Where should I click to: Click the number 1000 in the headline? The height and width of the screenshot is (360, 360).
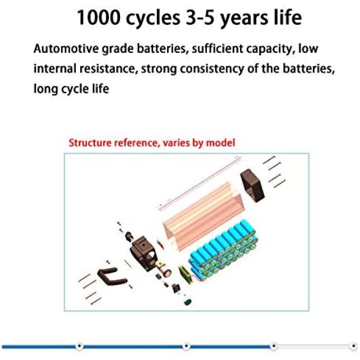98,17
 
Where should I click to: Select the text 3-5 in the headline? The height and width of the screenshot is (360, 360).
200,17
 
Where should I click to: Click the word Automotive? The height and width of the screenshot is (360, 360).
65,48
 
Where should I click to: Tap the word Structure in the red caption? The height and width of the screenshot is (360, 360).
90,143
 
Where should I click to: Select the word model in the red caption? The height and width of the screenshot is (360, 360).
221,143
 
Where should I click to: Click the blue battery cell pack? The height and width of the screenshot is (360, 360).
224,250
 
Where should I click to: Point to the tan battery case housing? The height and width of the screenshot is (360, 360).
203,216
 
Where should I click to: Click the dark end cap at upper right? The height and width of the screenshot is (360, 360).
252,185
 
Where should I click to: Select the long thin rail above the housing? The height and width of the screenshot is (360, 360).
199,183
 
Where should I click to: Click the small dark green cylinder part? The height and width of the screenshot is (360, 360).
188,302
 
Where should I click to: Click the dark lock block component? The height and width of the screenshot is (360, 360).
143,253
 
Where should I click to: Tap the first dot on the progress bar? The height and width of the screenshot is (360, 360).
79,346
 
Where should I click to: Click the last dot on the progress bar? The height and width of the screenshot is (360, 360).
354,346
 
